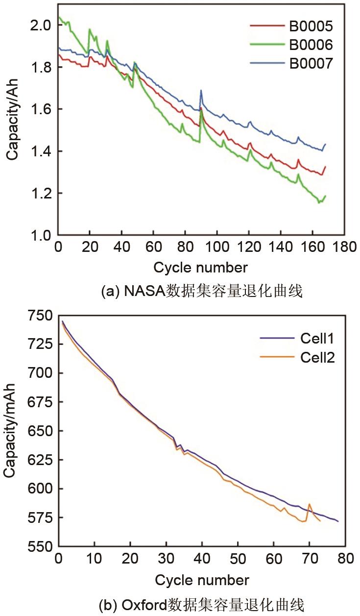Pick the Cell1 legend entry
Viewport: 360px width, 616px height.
pos(318,339)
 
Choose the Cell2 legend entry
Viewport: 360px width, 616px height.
pos(318,358)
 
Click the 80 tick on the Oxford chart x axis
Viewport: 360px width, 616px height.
pos(345,558)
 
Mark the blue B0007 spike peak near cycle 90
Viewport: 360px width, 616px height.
pos(201,91)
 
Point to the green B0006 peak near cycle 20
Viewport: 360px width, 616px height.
pos(90,29)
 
